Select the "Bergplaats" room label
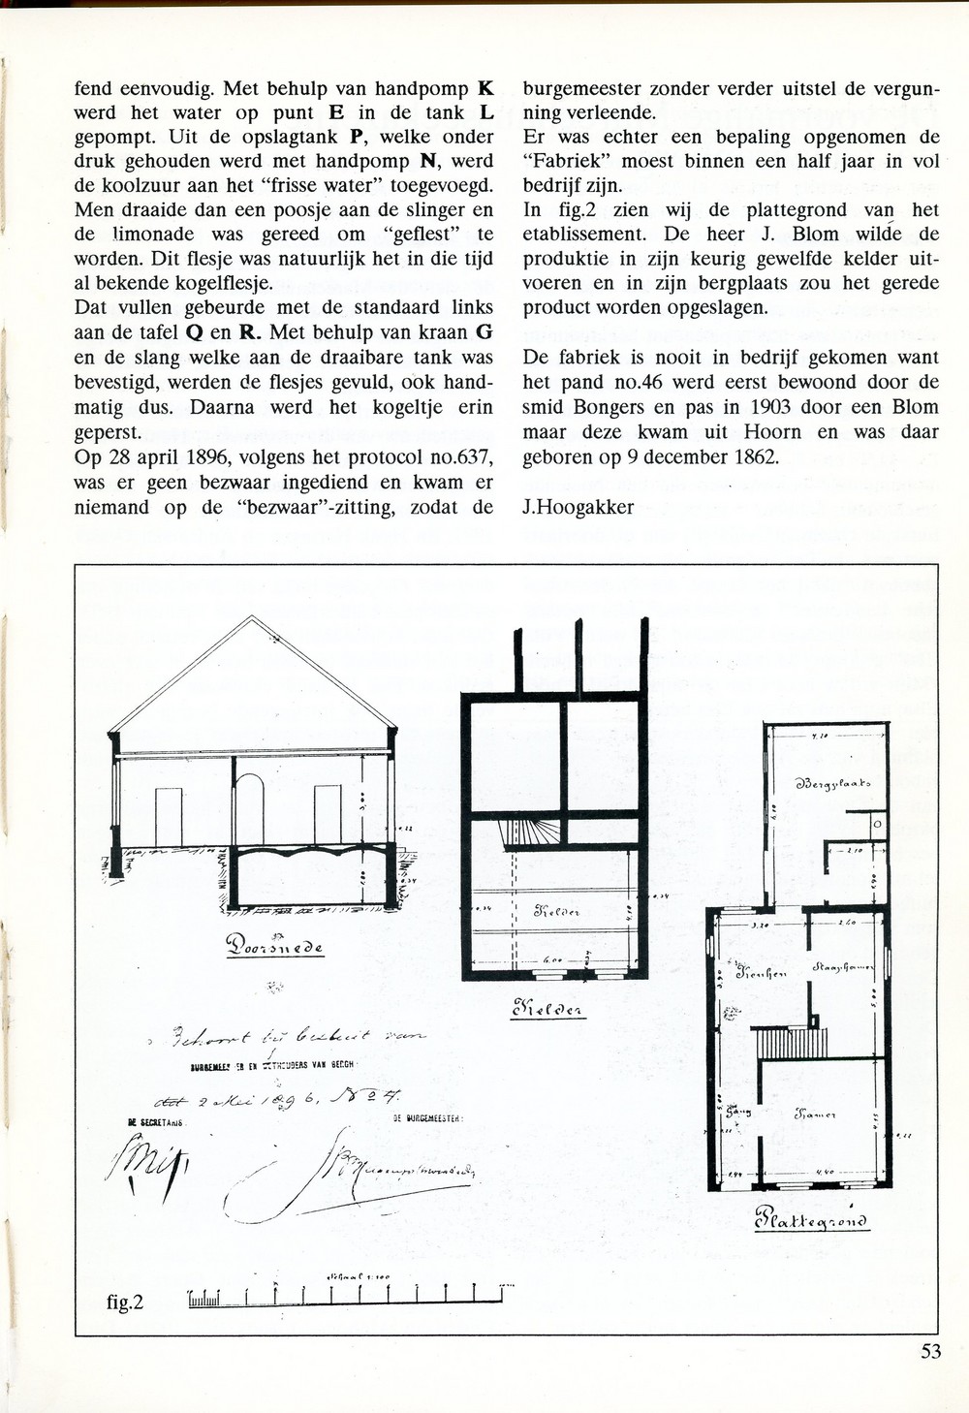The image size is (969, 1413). pyautogui.click(x=832, y=783)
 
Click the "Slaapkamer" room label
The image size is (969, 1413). pyautogui.click(x=844, y=967)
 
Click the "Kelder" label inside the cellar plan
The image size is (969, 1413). pyautogui.click(x=556, y=911)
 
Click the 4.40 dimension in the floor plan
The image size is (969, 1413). pyautogui.click(x=826, y=1173)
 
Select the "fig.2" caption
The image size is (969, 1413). pyautogui.click(x=125, y=1302)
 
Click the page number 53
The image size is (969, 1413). pyautogui.click(x=930, y=1352)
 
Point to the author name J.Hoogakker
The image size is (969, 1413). pyautogui.click(x=578, y=506)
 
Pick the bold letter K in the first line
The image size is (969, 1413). pyautogui.click(x=485, y=88)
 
